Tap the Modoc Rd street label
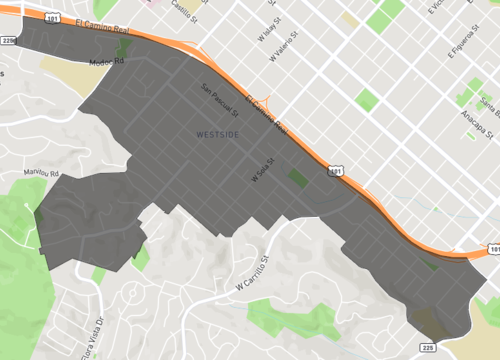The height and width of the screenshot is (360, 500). (x=104, y=61)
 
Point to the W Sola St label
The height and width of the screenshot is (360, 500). (x=261, y=171)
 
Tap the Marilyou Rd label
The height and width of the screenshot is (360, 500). (x=42, y=172)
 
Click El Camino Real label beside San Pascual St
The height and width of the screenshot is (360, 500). (x=267, y=114)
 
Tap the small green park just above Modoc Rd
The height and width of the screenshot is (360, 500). (x=124, y=47)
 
